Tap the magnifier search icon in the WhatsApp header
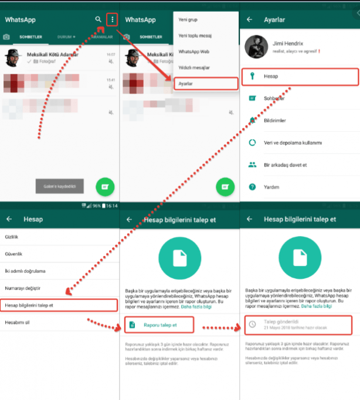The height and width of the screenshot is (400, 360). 98,19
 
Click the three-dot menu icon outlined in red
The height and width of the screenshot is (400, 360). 112,19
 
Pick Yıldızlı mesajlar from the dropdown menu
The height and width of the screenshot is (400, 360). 194,67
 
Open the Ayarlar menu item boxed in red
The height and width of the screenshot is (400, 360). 186,83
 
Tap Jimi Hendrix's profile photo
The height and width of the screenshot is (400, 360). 256,46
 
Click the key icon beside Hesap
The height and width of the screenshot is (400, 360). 252,77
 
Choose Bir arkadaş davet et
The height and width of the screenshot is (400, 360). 285,165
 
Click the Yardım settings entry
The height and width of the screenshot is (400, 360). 271,187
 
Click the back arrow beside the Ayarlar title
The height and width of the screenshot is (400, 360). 250,19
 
